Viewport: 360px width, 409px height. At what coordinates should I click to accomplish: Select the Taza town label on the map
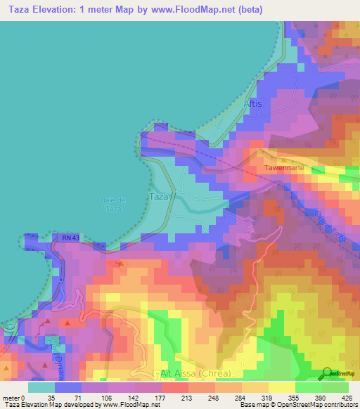pyautogui.click(x=159, y=197)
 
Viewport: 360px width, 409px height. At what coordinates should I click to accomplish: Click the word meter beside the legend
pyautogui.click(x=11, y=398)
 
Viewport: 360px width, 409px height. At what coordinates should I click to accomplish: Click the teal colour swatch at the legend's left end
pyautogui.click(x=41, y=387)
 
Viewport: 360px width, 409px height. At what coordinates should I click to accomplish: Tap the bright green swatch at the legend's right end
pyautogui.click(x=335, y=387)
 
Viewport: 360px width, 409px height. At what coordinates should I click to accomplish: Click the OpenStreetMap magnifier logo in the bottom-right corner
pyautogui.click(x=328, y=373)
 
